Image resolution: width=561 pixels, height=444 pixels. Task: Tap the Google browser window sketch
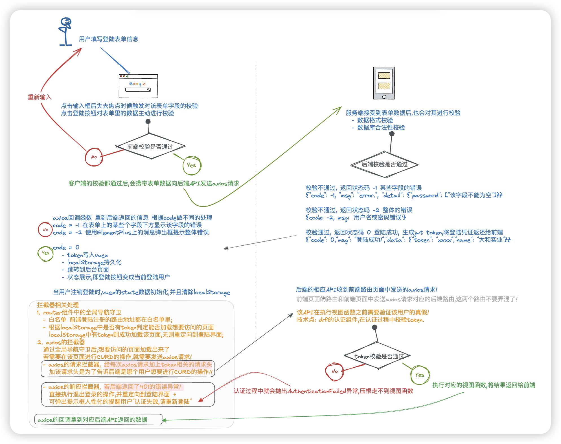pos(138,86)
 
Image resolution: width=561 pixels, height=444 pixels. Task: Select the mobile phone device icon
pos(384,83)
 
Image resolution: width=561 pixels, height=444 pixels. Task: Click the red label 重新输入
pos(40,97)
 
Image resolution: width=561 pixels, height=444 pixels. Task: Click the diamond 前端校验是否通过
pos(150,146)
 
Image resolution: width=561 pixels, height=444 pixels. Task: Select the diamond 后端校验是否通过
pos(384,165)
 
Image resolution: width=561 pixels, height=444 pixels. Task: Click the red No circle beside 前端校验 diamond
pos(94,157)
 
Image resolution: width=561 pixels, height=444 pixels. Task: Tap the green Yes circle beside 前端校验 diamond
pos(192,165)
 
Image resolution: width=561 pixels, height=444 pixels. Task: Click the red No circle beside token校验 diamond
pos(335,371)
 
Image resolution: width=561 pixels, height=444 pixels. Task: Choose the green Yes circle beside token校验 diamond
pos(420,375)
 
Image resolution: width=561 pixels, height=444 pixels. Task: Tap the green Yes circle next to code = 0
pos(45,253)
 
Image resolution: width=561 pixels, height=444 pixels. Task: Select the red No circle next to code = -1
pos(45,229)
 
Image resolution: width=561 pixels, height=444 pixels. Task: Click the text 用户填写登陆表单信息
pos(109,39)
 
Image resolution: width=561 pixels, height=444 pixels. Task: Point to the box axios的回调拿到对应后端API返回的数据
pos(98,419)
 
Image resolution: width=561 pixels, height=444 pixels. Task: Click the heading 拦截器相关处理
pos(58,305)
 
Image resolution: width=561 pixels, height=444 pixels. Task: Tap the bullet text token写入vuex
pos(87,255)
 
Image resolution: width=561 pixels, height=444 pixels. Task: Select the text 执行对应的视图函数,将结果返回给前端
pos(484,385)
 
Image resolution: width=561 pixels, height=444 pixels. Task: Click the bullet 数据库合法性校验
pos(381,128)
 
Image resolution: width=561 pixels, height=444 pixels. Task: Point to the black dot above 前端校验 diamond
pos(148,121)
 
